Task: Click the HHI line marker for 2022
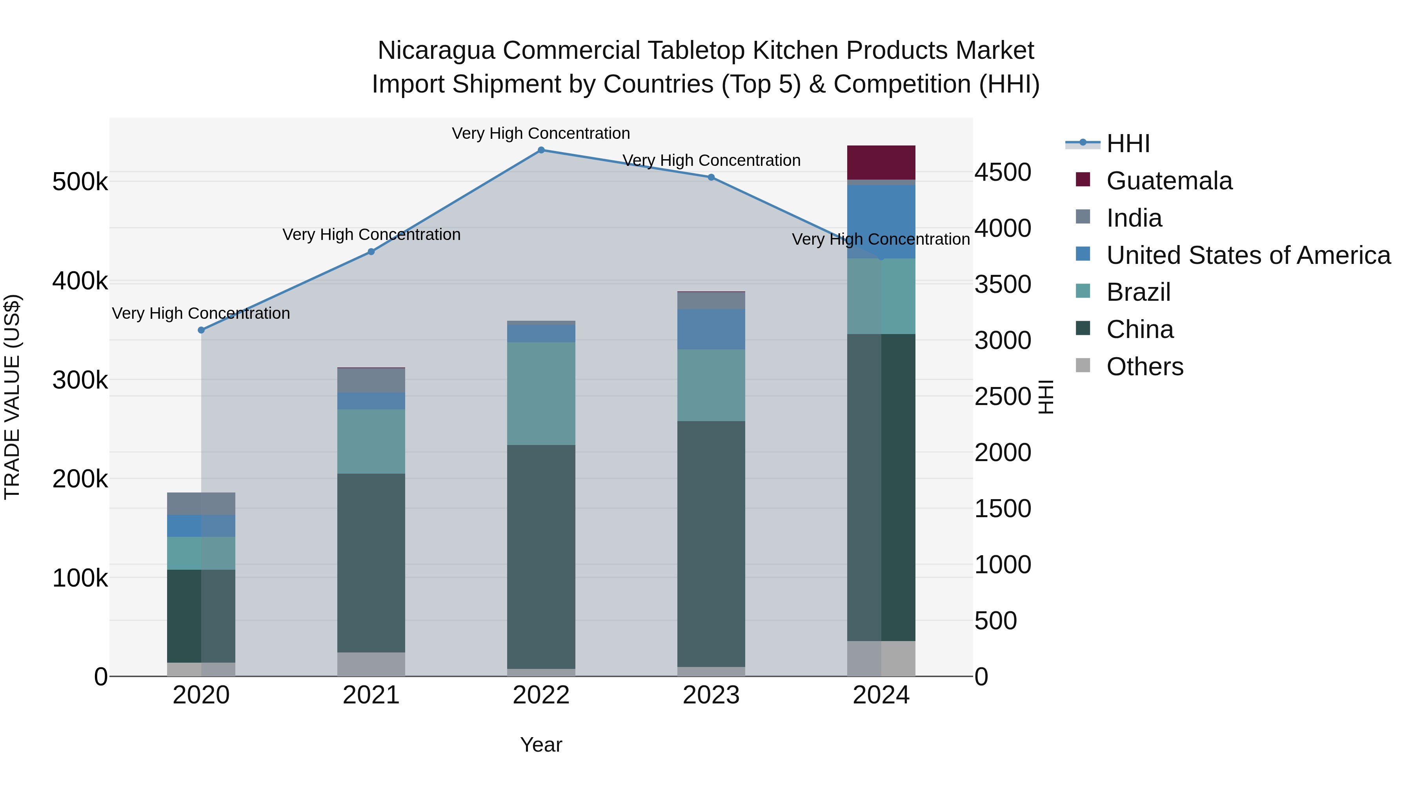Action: pyautogui.click(x=541, y=150)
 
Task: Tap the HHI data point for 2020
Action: pyautogui.click(x=201, y=330)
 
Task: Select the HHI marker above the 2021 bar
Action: pyautogui.click(x=371, y=251)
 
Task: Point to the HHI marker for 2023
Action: pyautogui.click(x=711, y=177)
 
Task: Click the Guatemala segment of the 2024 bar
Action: pyautogui.click(x=881, y=162)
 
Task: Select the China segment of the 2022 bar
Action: pyautogui.click(x=541, y=556)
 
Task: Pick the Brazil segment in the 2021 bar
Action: pyautogui.click(x=371, y=441)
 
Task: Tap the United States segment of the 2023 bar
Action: pyautogui.click(x=711, y=329)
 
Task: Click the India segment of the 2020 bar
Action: pyautogui.click(x=201, y=503)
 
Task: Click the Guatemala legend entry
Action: pyautogui.click(x=1169, y=181)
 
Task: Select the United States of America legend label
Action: pyautogui.click(x=1248, y=255)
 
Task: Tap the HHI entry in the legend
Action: pyautogui.click(x=1128, y=144)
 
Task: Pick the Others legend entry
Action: pyautogui.click(x=1145, y=367)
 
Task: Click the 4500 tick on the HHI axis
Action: pyautogui.click(x=1003, y=172)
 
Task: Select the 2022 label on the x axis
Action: pyautogui.click(x=541, y=695)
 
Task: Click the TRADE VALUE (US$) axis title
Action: pyautogui.click(x=13, y=397)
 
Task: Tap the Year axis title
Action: pyautogui.click(x=541, y=745)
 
